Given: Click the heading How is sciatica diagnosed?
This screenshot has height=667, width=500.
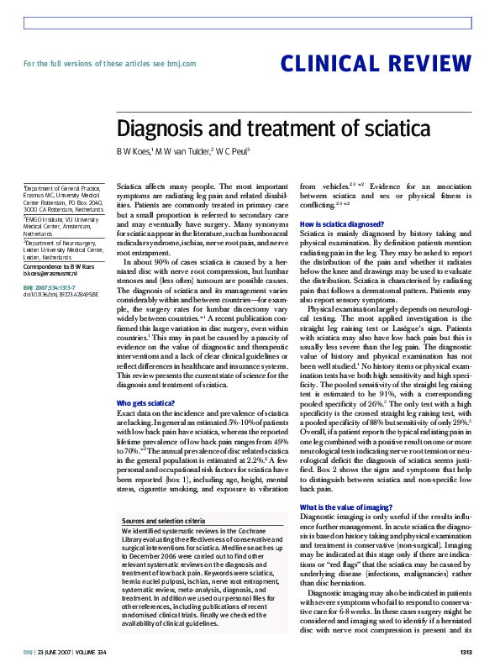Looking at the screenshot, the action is (341, 224).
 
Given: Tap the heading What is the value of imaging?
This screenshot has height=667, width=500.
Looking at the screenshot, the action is (345, 484).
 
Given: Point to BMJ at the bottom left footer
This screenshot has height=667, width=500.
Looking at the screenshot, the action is (28, 652).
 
